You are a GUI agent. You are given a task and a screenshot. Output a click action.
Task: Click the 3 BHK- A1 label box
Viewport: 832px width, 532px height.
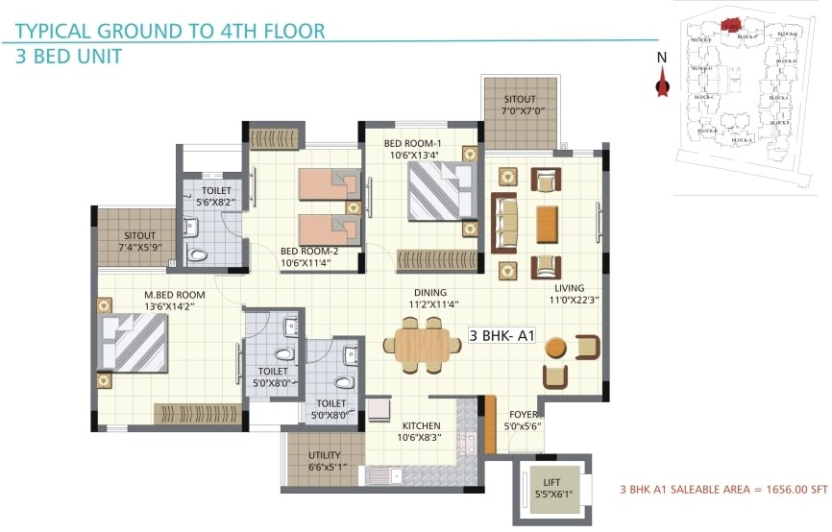pyautogui.click(x=501, y=336)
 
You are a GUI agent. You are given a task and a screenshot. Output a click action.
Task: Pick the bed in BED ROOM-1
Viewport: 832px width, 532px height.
pyautogui.click(x=441, y=191)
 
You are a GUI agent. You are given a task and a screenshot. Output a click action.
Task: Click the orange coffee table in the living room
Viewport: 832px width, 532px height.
pyautogui.click(x=547, y=223)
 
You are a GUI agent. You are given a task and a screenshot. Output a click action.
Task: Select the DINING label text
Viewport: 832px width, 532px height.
pyautogui.click(x=430, y=293)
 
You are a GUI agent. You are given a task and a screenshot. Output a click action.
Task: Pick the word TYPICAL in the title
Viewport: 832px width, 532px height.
pyautogui.click(x=60, y=30)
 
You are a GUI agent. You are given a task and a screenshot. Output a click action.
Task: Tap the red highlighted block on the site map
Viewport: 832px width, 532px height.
pyautogui.click(x=732, y=25)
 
